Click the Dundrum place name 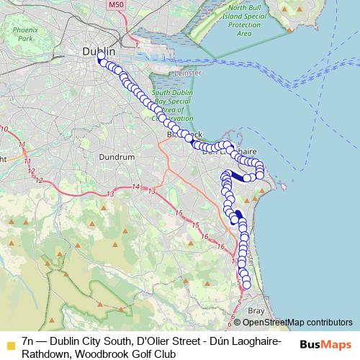pyautogui.click(x=117, y=156)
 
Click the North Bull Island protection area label pyautogui.click(x=245, y=19)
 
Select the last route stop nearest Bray pyautogui.click(x=247, y=285)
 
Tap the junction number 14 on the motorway pyautogui.click(x=136, y=187)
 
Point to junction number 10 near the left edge pyautogui.click(x=5, y=130)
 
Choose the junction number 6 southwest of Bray pyautogui.click(x=231, y=316)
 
